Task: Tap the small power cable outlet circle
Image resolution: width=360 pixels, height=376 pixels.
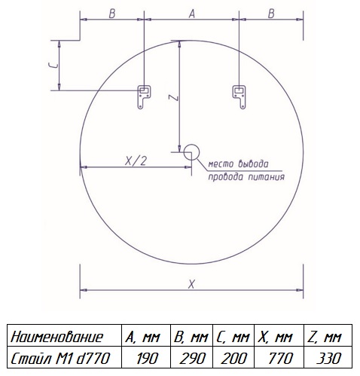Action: tap(191, 152)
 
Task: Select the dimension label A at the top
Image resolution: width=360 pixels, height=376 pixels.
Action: tap(192, 14)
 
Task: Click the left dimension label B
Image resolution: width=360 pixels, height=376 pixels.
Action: tap(112, 14)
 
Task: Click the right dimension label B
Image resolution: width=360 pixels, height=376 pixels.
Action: tap(271, 14)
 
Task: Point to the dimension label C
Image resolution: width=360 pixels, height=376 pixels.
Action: tap(53, 66)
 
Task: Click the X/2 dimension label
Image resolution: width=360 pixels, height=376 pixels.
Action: tap(136, 161)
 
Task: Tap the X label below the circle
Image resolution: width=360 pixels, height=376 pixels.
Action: tap(191, 284)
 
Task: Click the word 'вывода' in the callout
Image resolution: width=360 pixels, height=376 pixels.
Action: tap(253, 164)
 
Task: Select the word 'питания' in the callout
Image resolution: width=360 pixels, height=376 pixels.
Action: tap(267, 177)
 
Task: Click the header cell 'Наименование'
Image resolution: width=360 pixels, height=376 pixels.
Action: tap(64, 335)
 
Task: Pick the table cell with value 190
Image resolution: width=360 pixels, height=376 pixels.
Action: tap(146, 357)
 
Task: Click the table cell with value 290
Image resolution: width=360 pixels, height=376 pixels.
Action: tap(191, 357)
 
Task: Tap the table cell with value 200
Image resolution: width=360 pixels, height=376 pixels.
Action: tap(233, 357)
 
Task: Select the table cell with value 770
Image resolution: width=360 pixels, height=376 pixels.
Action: tap(279, 357)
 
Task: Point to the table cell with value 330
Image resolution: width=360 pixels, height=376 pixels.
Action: tap(328, 357)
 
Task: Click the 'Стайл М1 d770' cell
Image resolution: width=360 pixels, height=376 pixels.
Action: tap(64, 357)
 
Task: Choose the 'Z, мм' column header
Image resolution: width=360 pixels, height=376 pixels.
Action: tap(328, 335)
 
